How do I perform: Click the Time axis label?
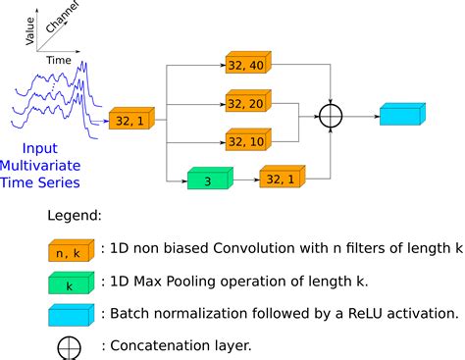pyautogui.click(x=58, y=59)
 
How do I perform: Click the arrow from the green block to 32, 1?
pyautogui.click(x=245, y=179)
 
